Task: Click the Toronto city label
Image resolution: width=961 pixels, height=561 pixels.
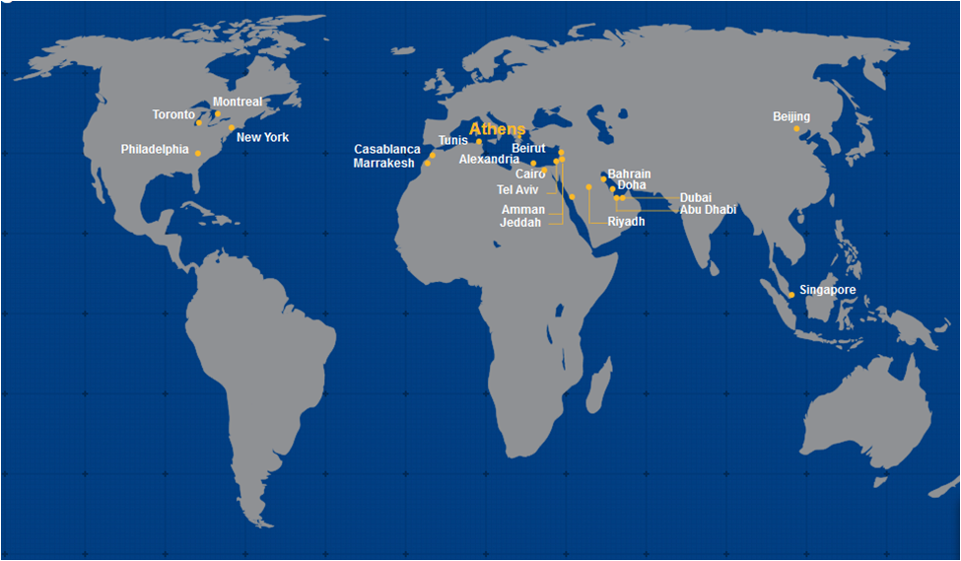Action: (173, 115)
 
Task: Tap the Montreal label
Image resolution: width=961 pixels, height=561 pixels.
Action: (238, 102)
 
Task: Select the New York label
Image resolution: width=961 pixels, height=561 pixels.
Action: (263, 137)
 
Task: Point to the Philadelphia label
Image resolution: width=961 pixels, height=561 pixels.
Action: (155, 150)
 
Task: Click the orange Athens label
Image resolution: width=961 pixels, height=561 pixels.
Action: (498, 129)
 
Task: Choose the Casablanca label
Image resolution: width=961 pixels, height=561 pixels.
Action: (387, 150)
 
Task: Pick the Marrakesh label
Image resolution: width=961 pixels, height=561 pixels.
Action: (383, 164)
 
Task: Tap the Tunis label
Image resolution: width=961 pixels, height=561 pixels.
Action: (453, 140)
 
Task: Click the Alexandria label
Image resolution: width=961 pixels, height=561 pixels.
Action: (489, 160)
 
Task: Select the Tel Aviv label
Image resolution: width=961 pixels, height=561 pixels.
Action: (517, 189)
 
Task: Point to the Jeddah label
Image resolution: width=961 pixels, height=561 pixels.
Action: (521, 223)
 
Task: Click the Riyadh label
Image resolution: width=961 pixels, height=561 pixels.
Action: (626, 222)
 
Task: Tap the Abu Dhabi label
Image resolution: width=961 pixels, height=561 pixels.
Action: (708, 210)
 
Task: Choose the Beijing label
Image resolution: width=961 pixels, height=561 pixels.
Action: (791, 117)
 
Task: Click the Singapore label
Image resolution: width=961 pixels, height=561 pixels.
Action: (828, 290)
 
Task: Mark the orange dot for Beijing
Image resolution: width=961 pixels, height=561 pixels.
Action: (796, 128)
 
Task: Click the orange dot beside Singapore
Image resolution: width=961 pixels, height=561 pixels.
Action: (791, 295)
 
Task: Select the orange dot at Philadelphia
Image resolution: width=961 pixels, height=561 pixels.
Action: (198, 153)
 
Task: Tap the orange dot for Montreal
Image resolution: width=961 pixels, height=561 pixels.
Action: (218, 113)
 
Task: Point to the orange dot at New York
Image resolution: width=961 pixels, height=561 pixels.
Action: (232, 127)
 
